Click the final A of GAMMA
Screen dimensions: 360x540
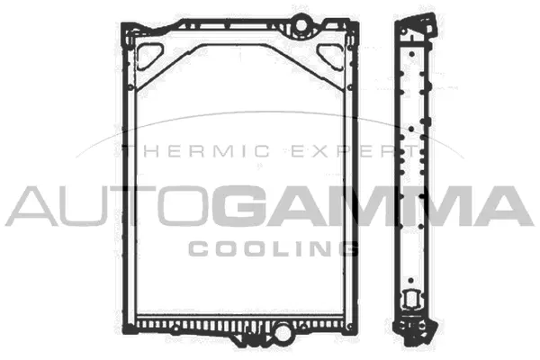click(499, 206)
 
